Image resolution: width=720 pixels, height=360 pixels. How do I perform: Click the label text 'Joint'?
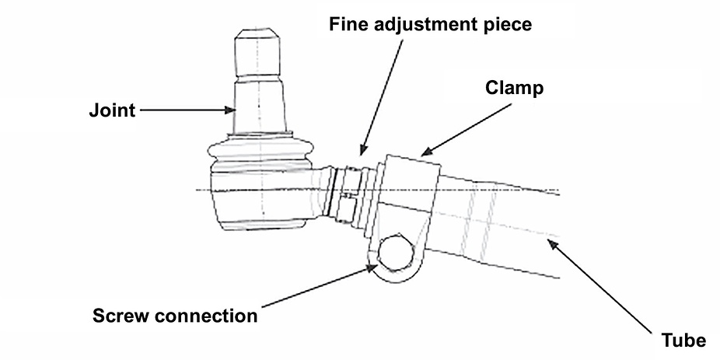[113, 110]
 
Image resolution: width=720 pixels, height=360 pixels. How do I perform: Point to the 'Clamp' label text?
[514, 88]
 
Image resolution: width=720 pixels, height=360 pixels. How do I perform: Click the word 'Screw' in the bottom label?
[120, 316]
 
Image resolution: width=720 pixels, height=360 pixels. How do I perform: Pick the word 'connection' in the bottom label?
[205, 316]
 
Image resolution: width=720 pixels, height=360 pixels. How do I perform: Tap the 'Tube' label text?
[683, 341]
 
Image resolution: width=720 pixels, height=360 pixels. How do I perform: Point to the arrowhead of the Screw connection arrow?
[374, 267]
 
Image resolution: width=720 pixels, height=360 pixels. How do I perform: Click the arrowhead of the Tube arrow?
[552, 243]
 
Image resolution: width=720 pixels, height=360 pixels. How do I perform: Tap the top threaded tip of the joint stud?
[257, 53]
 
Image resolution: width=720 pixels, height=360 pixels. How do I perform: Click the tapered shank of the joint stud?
[260, 106]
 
